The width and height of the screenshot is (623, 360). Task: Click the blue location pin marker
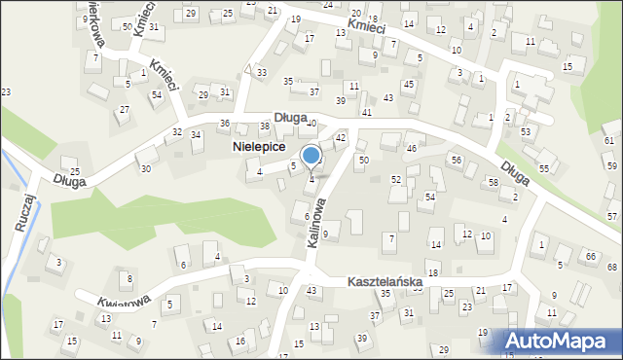311,156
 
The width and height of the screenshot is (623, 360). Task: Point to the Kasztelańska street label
385,282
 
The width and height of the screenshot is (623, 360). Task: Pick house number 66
591,256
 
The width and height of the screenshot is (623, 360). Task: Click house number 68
612,267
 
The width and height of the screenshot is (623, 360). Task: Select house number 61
609,141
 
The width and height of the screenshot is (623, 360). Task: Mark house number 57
612,216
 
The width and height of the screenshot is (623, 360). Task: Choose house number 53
526,131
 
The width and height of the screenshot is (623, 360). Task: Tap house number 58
494,182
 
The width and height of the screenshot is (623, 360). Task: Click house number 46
412,148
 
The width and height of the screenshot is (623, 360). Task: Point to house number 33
262,73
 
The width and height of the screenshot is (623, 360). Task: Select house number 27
124,109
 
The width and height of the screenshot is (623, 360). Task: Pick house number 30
146,168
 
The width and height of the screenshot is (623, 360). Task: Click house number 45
408,84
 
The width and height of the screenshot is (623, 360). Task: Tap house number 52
396,180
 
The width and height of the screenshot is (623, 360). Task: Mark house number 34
196,134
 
